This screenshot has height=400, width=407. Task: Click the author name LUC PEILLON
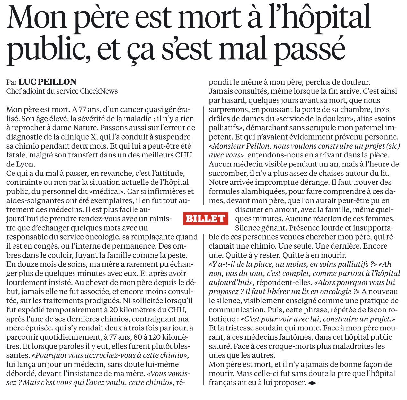[x=48, y=82]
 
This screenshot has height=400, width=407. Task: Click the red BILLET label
[x=206, y=219]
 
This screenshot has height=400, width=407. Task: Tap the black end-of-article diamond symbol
[x=312, y=383]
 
